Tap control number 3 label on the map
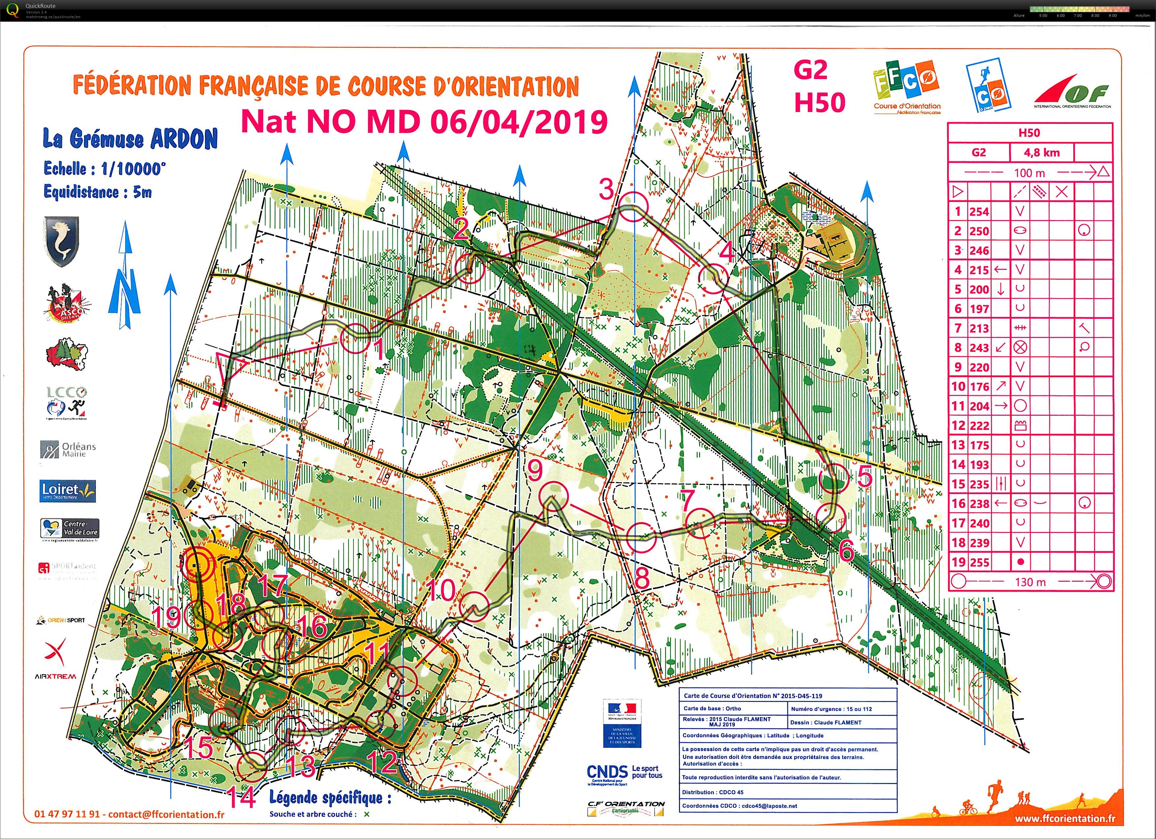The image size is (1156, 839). pos(606,190)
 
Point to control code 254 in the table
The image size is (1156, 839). pos(979,211)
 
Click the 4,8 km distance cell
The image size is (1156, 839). pos(1041,153)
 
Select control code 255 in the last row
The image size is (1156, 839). pos(979,562)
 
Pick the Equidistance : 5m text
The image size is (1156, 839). pos(98,192)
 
